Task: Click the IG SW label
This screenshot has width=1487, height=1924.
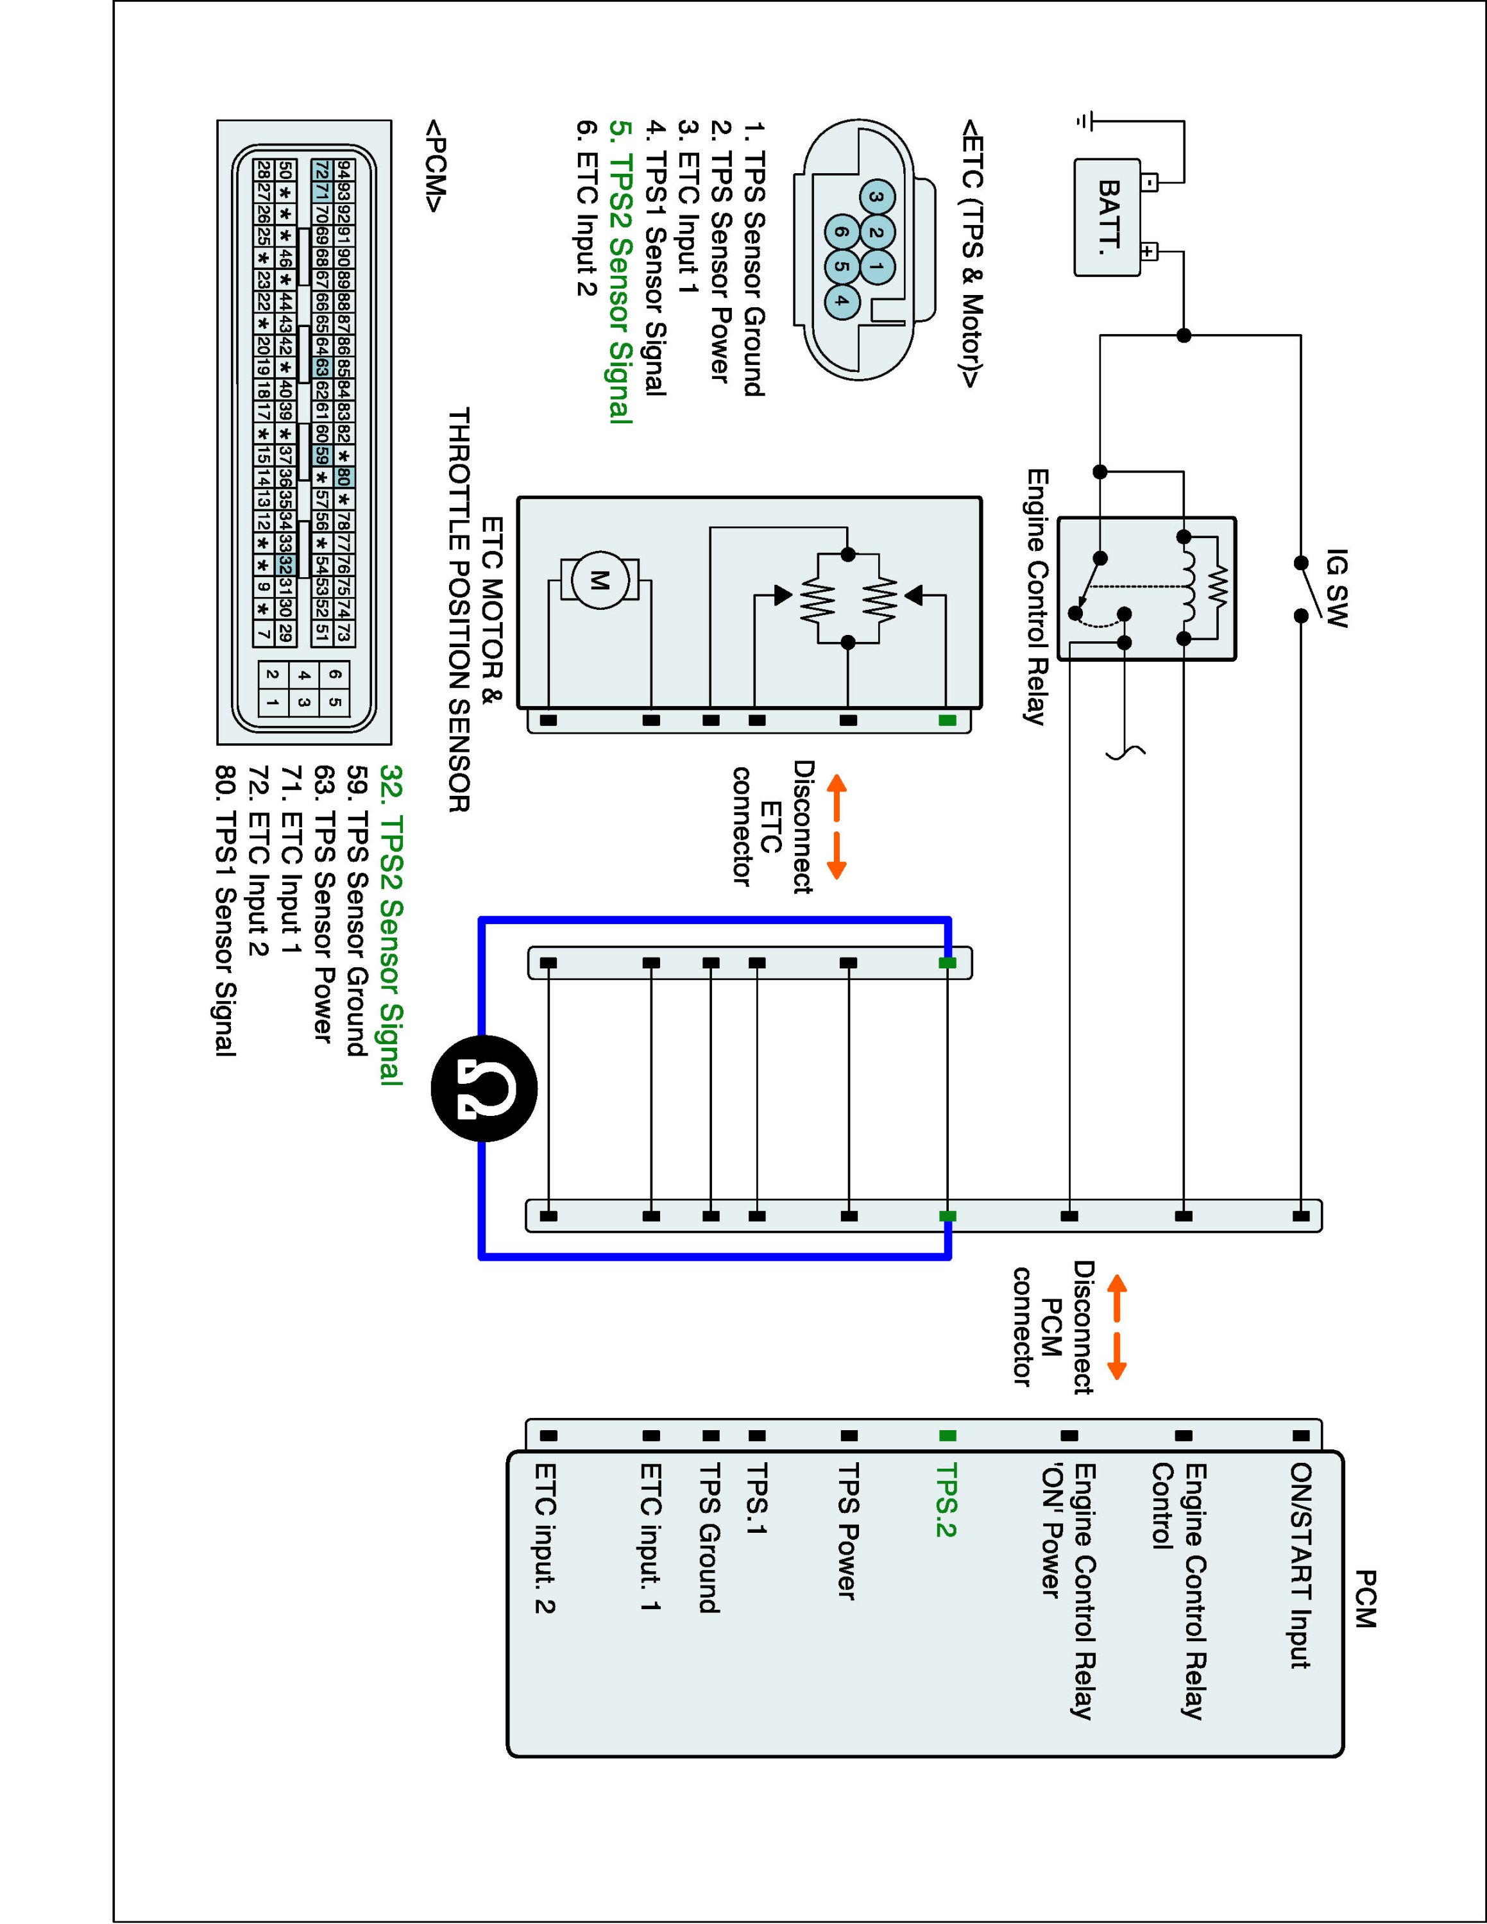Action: pos(1336,587)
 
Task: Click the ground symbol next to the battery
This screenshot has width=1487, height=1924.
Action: pos(1089,121)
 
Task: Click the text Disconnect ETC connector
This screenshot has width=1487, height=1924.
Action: pos(772,826)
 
